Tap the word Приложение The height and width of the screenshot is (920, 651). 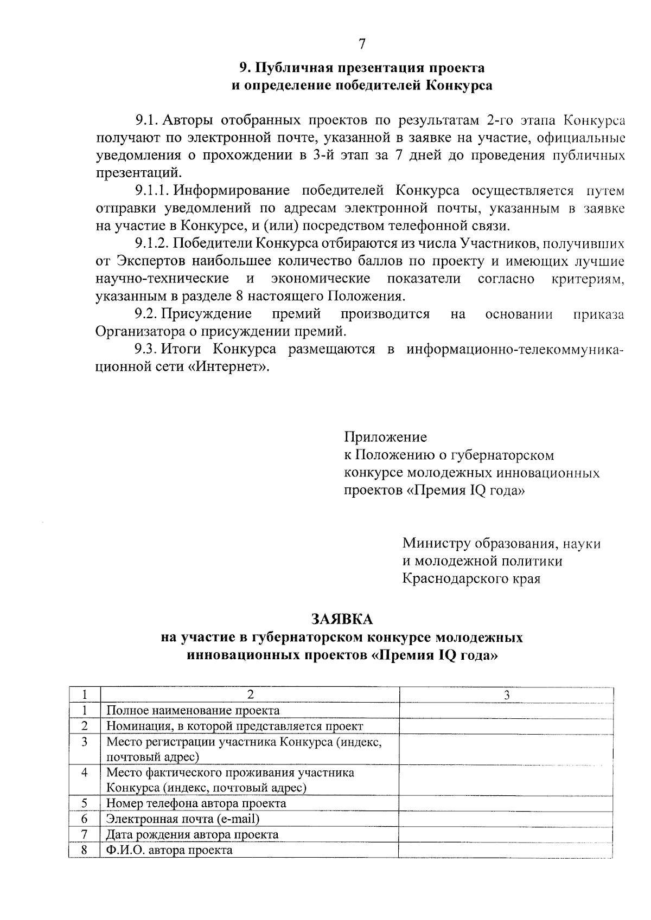[385, 437]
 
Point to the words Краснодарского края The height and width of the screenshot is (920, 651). [471, 578]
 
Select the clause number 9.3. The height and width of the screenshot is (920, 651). [146, 349]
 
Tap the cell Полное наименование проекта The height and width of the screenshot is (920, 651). [193, 710]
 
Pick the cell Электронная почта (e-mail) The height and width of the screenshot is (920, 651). [183, 819]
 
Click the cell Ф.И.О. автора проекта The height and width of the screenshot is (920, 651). [169, 850]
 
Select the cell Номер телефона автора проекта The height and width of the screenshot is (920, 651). [196, 803]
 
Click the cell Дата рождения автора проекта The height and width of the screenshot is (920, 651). [193, 834]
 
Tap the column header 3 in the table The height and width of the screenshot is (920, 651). [506, 694]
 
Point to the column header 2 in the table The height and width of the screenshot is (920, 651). [250, 694]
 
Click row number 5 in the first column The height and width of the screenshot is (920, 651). [85, 803]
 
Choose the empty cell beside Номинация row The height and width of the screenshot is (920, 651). [506, 726]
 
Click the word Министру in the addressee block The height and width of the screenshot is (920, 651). [436, 543]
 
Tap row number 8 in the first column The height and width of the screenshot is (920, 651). [85, 850]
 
